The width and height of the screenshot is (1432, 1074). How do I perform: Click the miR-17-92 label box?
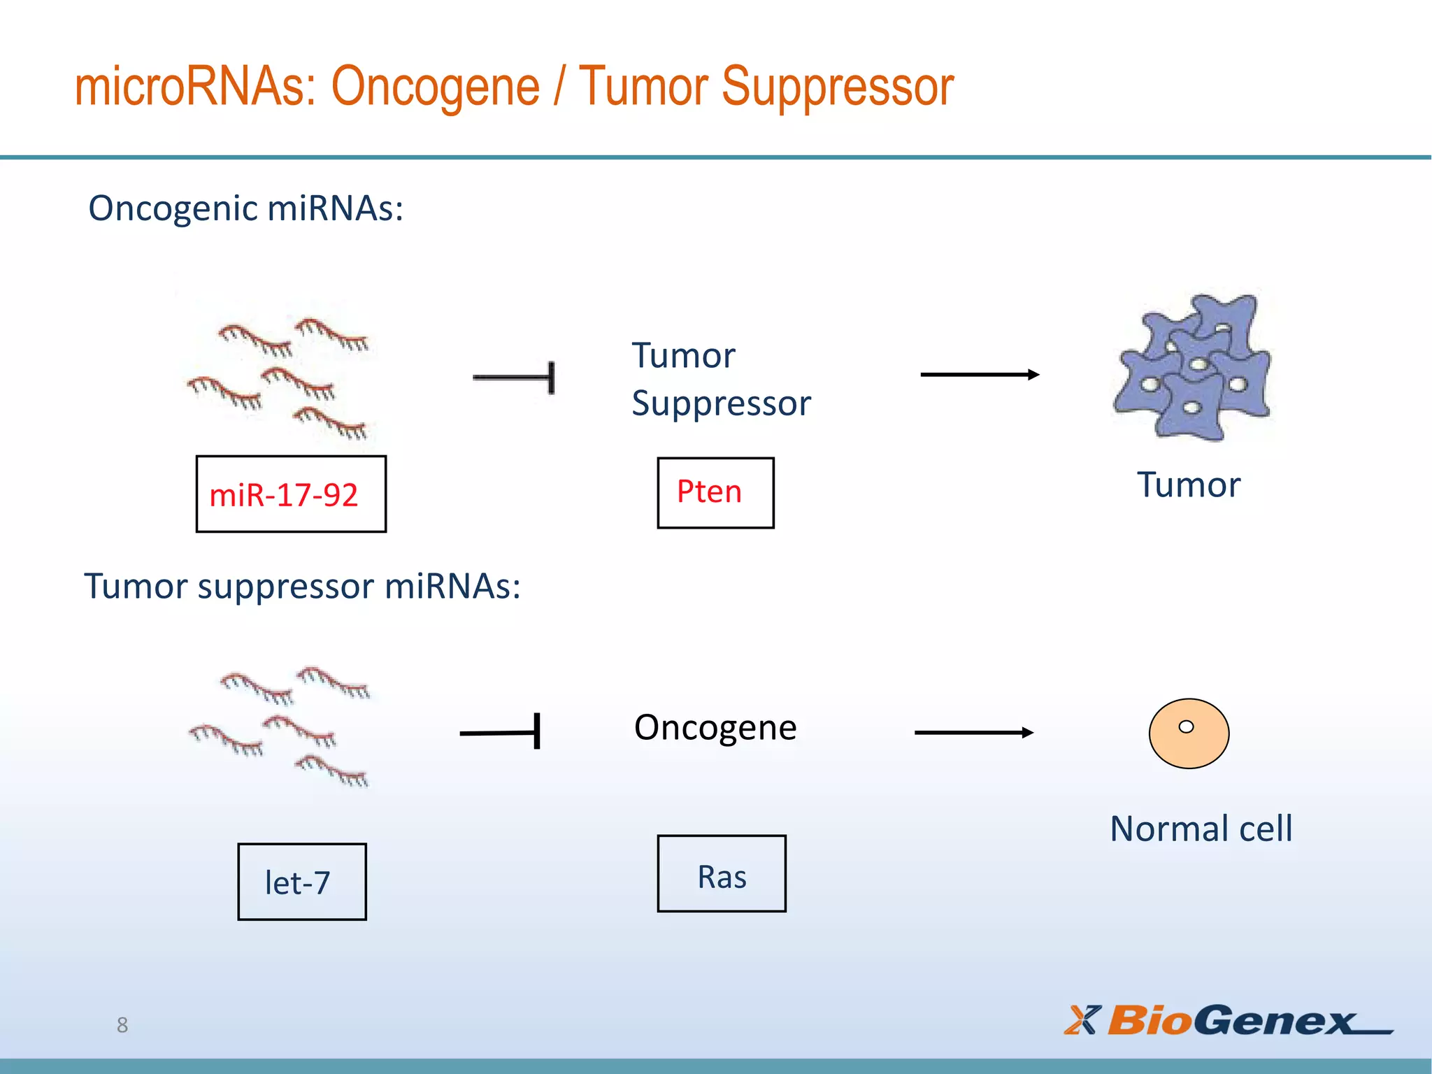tap(291, 494)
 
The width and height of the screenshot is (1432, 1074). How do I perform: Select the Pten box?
tap(715, 493)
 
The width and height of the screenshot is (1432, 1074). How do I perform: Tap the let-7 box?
tap(301, 882)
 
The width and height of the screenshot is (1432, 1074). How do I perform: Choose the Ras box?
tap(722, 874)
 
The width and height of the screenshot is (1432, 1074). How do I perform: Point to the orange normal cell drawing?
tap(1189, 741)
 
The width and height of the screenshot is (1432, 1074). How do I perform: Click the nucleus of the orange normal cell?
tap(1186, 726)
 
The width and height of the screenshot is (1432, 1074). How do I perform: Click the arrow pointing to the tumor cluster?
tap(979, 375)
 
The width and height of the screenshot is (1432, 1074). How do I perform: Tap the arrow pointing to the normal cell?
tap(973, 732)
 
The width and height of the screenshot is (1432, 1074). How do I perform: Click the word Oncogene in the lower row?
tap(715, 728)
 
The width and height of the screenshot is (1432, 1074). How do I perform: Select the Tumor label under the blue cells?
tap(1188, 485)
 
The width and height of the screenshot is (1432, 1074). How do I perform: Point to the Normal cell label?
tap(1201, 829)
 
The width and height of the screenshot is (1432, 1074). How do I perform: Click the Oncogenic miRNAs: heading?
tap(245, 208)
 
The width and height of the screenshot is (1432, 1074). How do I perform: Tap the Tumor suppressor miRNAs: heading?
tap(302, 586)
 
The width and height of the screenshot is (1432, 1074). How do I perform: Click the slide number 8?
tap(122, 1025)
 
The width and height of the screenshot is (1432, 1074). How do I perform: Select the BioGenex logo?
tap(1227, 1021)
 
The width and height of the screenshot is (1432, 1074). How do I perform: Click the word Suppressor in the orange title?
tap(837, 87)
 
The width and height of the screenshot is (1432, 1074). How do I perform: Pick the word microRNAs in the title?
tap(194, 87)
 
